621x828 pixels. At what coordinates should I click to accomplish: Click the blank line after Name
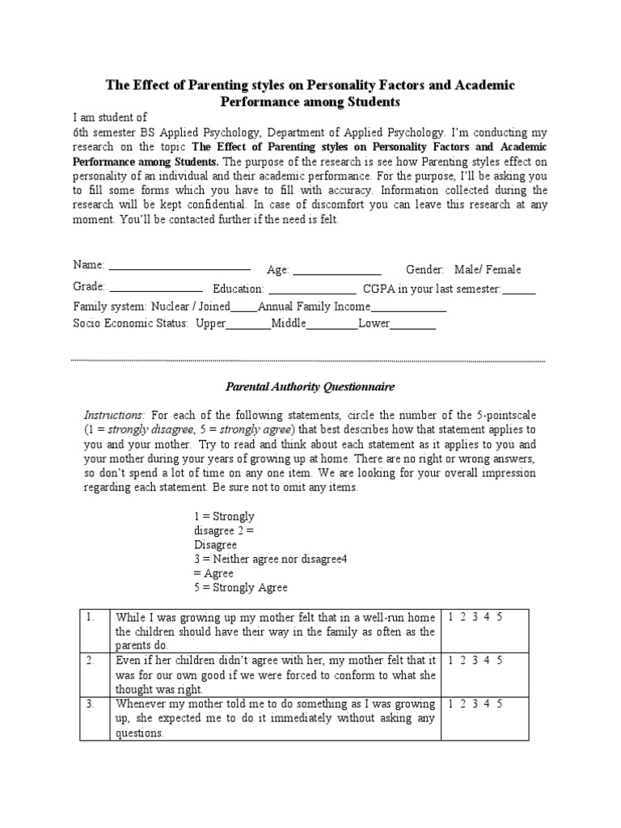point(180,268)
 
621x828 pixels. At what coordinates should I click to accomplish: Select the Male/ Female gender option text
point(488,269)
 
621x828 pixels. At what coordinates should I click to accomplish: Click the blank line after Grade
point(155,289)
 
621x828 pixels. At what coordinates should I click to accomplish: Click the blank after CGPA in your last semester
point(519,291)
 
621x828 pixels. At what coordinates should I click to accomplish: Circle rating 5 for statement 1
point(500,617)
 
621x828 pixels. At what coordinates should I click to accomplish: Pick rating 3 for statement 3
point(475,703)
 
